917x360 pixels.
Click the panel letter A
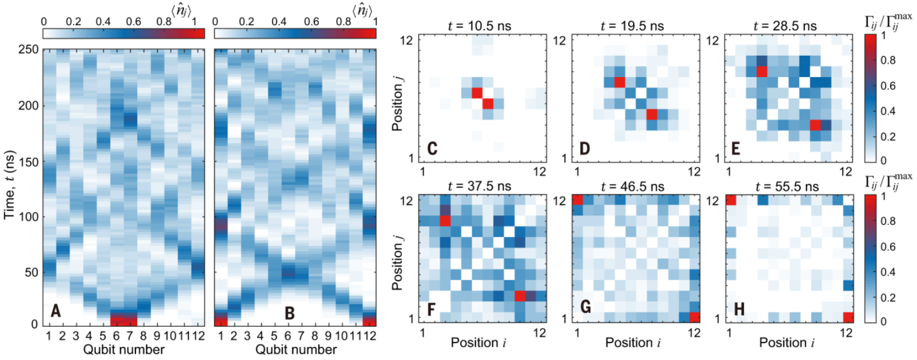coord(55,310)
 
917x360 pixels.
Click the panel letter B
coord(290,312)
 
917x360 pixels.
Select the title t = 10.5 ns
coord(480,26)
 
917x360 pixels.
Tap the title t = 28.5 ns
coord(785,26)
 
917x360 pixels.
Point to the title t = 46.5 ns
coord(632,186)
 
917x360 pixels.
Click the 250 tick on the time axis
coord(27,49)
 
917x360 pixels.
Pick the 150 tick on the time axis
coord(27,162)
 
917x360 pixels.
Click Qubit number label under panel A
coord(124,349)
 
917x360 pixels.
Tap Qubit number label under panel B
coord(296,349)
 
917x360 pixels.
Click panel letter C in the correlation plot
coord(432,148)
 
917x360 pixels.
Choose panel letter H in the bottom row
coord(739,309)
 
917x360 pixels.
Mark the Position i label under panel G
coord(633,343)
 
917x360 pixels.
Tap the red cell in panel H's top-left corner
coord(731,200)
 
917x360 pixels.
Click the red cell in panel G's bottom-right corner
coord(695,317)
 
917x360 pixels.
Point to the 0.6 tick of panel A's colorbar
coord(133,21)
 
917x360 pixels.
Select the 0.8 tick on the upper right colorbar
coord(888,61)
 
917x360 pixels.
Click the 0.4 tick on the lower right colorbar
coord(888,272)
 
